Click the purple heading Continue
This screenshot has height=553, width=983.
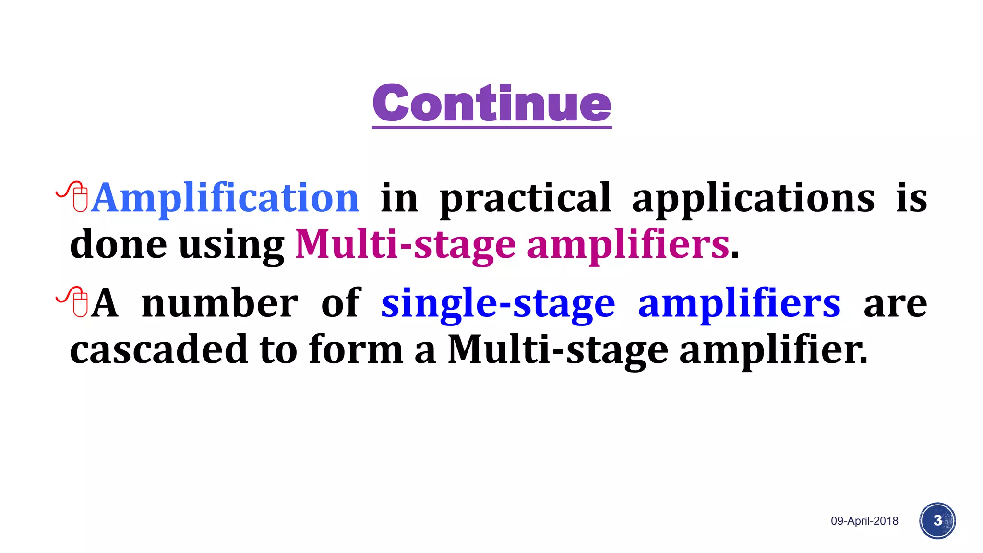[491, 103]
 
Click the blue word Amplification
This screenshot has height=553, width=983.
[225, 198]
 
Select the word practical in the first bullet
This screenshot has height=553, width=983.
[525, 199]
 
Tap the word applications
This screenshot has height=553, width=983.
[753, 199]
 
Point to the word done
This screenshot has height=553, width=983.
[118, 244]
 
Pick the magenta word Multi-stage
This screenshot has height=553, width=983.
[405, 245]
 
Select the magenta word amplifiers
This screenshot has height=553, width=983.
[628, 245]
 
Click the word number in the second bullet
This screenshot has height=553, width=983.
[220, 303]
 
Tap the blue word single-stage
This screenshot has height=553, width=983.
[498, 304]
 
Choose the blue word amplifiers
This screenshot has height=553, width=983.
[739, 303]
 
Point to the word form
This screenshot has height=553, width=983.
[356, 349]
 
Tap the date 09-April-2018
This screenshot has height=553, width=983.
[864, 521]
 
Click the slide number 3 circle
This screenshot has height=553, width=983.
[937, 521]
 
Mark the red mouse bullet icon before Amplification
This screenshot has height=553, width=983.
[73, 196]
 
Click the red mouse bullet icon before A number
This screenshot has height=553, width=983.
[73, 302]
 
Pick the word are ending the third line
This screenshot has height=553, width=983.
[895, 304]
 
